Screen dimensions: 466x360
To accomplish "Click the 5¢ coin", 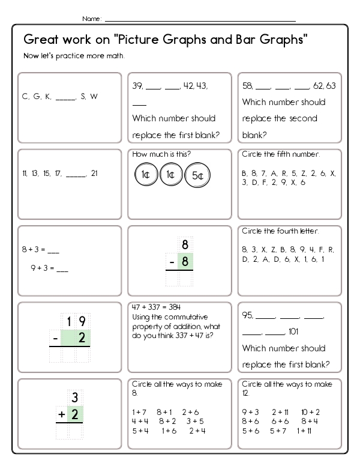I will (198, 175).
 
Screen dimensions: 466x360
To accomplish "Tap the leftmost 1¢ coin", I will (145, 175).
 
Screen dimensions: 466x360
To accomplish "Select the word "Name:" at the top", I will (92, 19).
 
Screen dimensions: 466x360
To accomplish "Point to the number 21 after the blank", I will (95, 174).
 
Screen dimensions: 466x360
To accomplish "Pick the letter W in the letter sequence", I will (94, 96).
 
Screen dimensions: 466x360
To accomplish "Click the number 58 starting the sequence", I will (247, 86).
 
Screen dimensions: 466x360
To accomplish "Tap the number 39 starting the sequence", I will (137, 86).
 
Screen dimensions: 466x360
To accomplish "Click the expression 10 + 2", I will (311, 412).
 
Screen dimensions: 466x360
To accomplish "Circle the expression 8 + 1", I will (164, 412).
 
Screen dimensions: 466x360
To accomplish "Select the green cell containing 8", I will (185, 262).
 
